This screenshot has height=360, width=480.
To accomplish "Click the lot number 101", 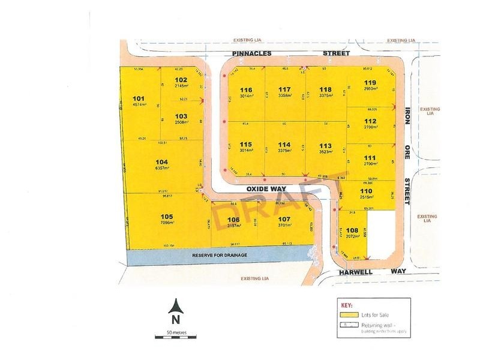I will pos(139,99).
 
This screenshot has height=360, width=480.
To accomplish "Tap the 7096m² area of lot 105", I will pos(167,223).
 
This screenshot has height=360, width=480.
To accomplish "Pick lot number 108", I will pos(352,230).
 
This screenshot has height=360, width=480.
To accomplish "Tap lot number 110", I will pos(367,191).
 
